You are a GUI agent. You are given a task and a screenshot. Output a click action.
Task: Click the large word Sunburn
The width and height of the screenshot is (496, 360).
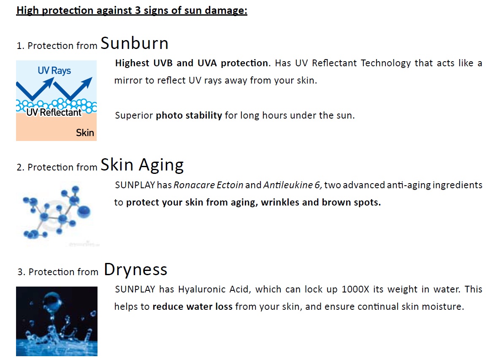134,43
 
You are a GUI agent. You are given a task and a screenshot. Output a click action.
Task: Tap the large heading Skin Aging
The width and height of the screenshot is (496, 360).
142,165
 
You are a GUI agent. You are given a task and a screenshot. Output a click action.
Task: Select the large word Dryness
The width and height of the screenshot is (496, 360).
136,270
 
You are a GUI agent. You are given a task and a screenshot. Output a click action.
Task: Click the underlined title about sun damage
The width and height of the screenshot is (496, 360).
132,11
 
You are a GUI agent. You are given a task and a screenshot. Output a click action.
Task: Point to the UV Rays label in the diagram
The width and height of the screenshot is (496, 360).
54,70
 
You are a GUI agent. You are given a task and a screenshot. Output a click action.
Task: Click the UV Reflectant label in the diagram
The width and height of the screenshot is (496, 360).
54,112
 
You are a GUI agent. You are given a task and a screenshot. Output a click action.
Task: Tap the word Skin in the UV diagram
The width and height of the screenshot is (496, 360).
85,133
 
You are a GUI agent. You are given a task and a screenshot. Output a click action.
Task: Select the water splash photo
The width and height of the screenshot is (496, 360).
57,321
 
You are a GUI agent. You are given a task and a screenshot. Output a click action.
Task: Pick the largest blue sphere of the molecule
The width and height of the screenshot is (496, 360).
84,211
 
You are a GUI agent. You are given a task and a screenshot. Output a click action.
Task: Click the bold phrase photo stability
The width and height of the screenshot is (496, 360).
189,116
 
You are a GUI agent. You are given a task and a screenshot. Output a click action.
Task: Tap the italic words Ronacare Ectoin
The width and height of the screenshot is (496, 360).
208,185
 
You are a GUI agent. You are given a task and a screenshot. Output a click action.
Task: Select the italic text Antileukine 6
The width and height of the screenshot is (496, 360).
293,185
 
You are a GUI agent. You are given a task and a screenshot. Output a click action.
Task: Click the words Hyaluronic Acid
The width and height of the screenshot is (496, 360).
214,290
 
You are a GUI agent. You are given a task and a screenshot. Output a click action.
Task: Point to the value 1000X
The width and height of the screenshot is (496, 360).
355,290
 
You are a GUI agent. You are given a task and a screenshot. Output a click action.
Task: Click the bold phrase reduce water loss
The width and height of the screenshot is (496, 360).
192,306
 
